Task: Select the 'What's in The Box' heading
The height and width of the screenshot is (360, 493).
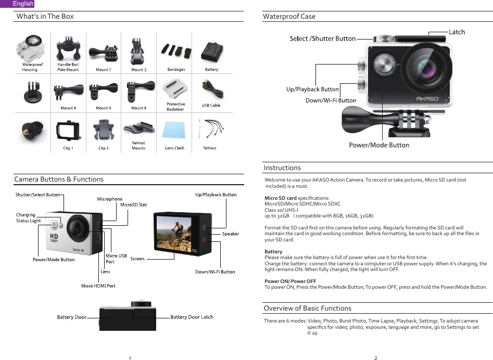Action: pyautogui.click(x=45, y=16)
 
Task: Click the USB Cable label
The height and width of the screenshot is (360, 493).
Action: pyautogui.click(x=211, y=106)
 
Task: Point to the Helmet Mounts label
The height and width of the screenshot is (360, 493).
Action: pyautogui.click(x=138, y=145)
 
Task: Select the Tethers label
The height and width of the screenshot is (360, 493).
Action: pyautogui.click(x=209, y=148)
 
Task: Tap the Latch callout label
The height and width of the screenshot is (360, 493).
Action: pyautogui.click(x=457, y=32)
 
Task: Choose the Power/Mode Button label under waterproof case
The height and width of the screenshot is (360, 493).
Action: pyautogui.click(x=379, y=145)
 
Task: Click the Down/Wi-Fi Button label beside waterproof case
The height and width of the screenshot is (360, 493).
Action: pyautogui.click(x=331, y=100)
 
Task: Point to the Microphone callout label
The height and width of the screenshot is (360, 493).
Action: pyautogui.click(x=110, y=199)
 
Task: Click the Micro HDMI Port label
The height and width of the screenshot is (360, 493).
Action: pyautogui.click(x=98, y=286)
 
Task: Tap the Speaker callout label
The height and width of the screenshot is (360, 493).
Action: pyautogui.click(x=231, y=234)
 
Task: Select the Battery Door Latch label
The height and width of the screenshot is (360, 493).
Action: pyautogui.click(x=192, y=317)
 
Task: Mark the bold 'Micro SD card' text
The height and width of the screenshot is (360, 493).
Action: pyautogui.click(x=281, y=198)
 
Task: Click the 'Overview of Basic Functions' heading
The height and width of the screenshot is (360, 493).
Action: pyautogui.click(x=307, y=308)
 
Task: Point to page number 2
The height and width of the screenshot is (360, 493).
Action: pyautogui.click(x=375, y=357)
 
